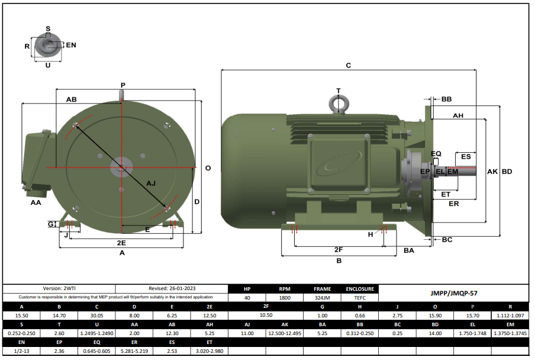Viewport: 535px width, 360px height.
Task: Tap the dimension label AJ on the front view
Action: point(151,184)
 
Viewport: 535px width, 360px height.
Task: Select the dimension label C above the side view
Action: point(349,65)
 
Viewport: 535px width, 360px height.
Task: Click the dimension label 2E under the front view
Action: point(121,243)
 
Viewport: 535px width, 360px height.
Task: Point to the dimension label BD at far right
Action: point(507,172)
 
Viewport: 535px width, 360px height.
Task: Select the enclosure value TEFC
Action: point(360,298)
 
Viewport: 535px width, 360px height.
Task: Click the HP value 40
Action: point(247,298)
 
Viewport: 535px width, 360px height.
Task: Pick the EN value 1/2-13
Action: point(21,351)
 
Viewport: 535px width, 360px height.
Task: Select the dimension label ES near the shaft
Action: point(466,156)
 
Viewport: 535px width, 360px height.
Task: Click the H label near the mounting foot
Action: point(371,234)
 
